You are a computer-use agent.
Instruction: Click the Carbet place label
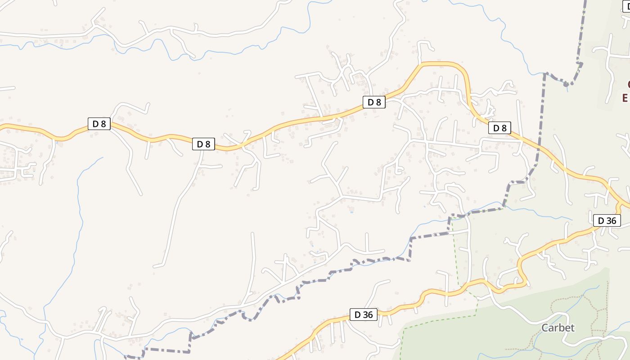(558, 328)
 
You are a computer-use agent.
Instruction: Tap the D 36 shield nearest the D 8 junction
(607, 220)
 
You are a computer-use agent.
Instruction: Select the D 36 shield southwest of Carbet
(364, 315)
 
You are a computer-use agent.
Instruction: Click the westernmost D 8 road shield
(99, 124)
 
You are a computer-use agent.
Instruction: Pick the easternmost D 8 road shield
(500, 128)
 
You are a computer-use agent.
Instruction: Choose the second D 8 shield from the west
(203, 144)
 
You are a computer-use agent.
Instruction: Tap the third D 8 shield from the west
(374, 102)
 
